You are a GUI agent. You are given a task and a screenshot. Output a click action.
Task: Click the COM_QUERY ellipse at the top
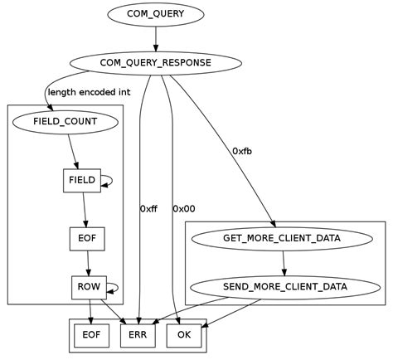155,15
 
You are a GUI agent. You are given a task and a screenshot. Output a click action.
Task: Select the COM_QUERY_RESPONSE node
155,63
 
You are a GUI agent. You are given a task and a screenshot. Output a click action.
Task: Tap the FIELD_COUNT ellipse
65,122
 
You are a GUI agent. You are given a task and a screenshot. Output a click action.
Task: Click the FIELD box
81,180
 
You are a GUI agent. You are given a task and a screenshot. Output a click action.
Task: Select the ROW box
88,287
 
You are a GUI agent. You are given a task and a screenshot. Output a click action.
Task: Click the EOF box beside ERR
91,335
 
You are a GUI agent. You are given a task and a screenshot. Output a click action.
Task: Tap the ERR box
138,335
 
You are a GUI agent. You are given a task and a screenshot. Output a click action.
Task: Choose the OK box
184,335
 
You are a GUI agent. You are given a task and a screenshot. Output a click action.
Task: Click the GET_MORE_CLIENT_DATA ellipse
282,239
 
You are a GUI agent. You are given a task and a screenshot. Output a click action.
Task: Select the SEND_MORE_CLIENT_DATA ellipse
285,287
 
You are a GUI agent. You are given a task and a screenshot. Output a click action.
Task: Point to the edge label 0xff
148,209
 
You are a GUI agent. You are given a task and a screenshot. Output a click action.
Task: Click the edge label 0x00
184,209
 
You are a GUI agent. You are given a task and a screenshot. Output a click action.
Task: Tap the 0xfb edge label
243,151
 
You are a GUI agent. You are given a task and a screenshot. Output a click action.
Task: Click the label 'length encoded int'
88,92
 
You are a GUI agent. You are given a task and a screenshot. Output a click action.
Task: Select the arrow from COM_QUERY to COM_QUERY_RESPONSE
155,38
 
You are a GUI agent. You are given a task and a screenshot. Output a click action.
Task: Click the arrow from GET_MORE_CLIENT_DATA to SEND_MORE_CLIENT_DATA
284,263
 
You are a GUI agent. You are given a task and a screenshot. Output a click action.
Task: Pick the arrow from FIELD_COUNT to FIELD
75,151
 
